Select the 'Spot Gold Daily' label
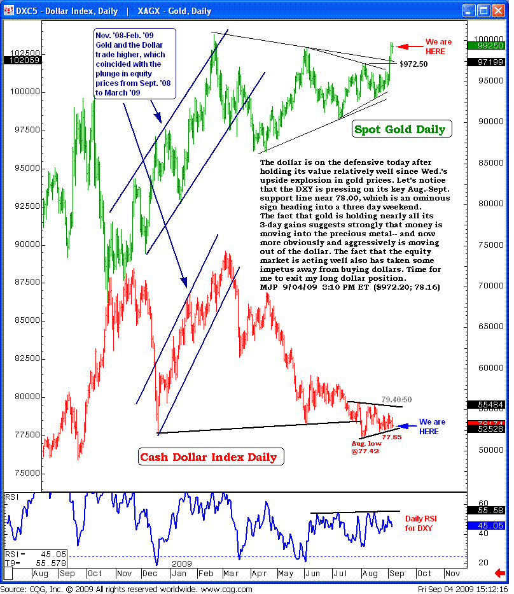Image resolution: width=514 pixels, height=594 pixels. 399,130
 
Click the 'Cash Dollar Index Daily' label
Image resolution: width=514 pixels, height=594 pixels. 208,456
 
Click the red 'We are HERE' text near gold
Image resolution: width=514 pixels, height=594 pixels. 439,46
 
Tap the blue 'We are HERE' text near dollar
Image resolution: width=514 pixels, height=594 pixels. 433,427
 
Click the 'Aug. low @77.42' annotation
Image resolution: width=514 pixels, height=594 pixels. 366,447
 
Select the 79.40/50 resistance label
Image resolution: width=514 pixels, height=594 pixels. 396,400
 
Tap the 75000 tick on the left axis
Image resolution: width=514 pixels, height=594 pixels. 23,473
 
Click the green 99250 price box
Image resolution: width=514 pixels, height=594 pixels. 487,45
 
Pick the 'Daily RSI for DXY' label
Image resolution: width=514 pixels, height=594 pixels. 421,523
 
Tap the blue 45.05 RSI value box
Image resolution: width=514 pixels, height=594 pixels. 487,525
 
